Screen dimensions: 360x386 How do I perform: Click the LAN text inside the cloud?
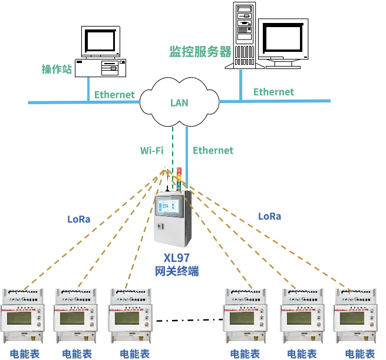point(179,103)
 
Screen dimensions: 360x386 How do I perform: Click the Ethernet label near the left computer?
point(115,94)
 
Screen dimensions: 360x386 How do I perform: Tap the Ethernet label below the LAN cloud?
point(214,151)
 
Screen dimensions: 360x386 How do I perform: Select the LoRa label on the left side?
point(80,220)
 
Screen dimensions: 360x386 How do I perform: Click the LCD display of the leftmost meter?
point(22,319)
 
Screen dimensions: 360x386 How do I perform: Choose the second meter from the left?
point(75,316)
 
